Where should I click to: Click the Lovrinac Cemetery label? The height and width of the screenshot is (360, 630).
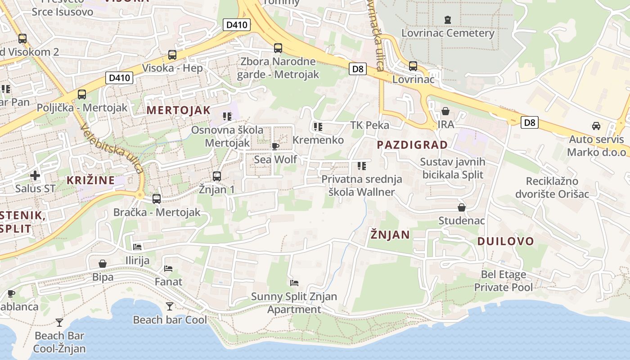(x=448, y=33)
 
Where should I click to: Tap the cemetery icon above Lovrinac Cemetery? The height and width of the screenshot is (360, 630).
(x=448, y=20)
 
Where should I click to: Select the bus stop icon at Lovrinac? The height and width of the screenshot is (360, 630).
(x=413, y=66)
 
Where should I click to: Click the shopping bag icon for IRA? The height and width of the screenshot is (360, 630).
(x=445, y=111)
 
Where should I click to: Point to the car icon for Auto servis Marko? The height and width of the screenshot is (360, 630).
(x=596, y=126)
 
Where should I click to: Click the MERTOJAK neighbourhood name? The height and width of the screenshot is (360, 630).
(x=179, y=110)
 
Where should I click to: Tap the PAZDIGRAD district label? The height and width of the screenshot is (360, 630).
(x=413, y=145)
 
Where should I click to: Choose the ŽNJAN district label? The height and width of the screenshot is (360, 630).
(x=390, y=234)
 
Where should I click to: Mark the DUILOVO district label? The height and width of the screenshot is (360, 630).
(x=505, y=241)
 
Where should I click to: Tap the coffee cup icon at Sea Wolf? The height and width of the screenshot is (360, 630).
(x=275, y=146)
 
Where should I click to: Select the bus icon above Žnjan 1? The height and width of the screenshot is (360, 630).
(x=217, y=176)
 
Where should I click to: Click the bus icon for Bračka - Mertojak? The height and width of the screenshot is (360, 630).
(x=157, y=198)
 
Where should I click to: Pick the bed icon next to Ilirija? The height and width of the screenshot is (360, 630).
(x=137, y=247)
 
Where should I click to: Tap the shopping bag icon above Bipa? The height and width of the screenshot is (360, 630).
(x=103, y=263)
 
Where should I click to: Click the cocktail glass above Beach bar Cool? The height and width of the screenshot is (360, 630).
(x=170, y=306)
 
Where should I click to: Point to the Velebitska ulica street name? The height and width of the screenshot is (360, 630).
(x=112, y=148)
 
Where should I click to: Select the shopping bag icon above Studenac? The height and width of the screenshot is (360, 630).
(x=462, y=207)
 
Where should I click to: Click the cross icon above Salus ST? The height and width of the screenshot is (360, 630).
(x=35, y=175)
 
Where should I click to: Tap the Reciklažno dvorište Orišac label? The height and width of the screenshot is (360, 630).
(x=558, y=188)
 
